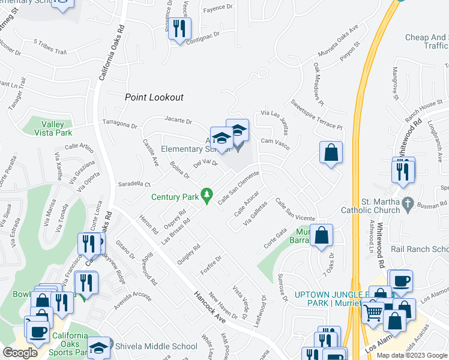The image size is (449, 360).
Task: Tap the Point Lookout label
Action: point(154,97)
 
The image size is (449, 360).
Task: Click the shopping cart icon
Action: point(373,312)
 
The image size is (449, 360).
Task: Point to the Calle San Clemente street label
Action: point(238,187)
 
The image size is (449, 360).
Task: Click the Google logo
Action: point(20,353)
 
